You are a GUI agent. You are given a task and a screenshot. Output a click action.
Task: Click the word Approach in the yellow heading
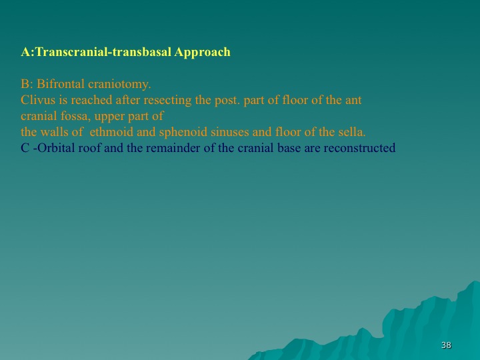[203, 53]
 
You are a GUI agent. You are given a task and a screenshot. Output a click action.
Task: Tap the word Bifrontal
[60, 83]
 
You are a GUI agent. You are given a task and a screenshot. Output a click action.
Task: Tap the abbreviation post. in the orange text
[227, 101]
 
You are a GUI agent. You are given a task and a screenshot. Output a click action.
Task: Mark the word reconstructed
[359, 148]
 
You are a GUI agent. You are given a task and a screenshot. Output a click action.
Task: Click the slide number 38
[446, 345]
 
